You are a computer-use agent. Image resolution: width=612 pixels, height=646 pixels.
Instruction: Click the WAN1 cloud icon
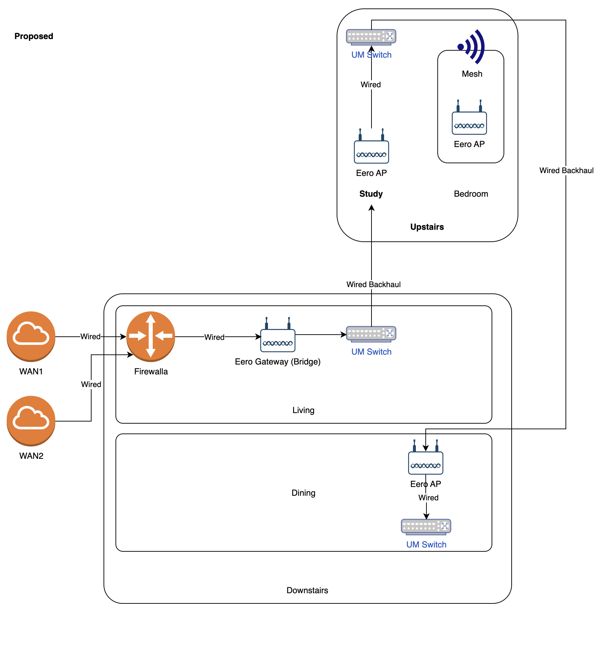coord(31,336)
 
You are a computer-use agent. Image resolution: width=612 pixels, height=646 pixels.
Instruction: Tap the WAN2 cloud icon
coord(31,421)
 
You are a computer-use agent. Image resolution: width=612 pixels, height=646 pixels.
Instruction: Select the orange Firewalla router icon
coord(151,336)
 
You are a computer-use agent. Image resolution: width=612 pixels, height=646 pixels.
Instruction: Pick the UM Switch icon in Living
coord(371,334)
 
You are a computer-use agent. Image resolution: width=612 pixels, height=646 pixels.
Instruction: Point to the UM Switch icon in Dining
coord(426,527)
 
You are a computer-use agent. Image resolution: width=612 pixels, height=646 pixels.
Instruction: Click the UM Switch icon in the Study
coord(371,37)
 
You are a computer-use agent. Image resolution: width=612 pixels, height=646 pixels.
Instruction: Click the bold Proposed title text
coord(34,36)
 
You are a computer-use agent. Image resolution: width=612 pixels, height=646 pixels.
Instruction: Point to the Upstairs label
coord(427,227)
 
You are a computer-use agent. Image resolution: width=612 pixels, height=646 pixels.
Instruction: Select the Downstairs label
coord(307,590)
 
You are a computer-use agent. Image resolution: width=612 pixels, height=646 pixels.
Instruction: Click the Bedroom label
coord(471,194)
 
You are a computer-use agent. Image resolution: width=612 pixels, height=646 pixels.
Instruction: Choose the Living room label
coord(303,410)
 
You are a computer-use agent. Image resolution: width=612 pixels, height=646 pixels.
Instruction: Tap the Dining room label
coord(303,493)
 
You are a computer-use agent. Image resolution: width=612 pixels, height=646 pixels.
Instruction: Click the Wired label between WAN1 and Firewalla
coord(90,337)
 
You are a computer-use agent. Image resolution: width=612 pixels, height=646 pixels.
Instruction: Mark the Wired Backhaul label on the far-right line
coord(566,171)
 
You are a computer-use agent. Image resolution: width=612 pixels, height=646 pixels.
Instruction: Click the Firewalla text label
coord(151,372)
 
